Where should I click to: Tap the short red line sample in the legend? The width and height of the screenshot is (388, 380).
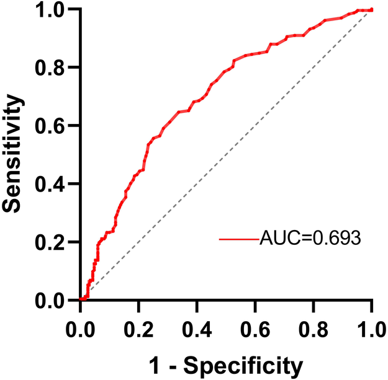238,239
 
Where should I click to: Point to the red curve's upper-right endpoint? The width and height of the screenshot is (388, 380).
371,9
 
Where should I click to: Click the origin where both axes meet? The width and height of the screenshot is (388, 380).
80,300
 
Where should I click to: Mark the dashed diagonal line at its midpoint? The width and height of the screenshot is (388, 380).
226,155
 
